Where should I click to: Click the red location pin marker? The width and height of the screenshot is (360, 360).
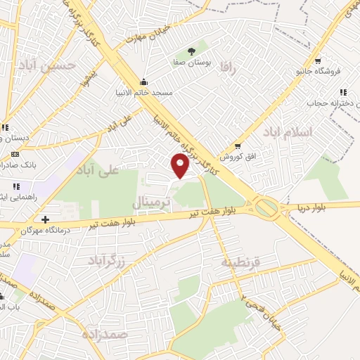point(181,165)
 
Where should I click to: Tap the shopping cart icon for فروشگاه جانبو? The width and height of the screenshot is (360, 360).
point(318,60)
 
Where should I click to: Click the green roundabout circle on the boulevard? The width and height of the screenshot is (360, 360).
point(266,207)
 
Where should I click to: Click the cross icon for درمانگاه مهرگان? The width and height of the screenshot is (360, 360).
point(46,219)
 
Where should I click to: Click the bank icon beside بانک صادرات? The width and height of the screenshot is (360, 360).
point(15,153)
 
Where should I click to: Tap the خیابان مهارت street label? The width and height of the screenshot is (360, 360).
point(148,35)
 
